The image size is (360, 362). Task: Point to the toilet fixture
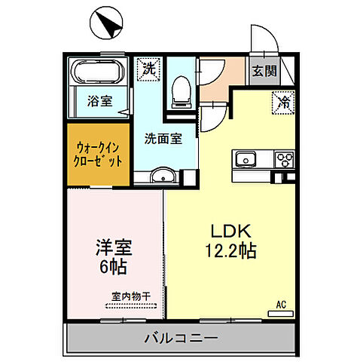click(179, 90)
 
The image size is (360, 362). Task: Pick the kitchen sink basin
click(246, 159)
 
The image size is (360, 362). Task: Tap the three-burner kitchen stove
click(285, 159)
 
